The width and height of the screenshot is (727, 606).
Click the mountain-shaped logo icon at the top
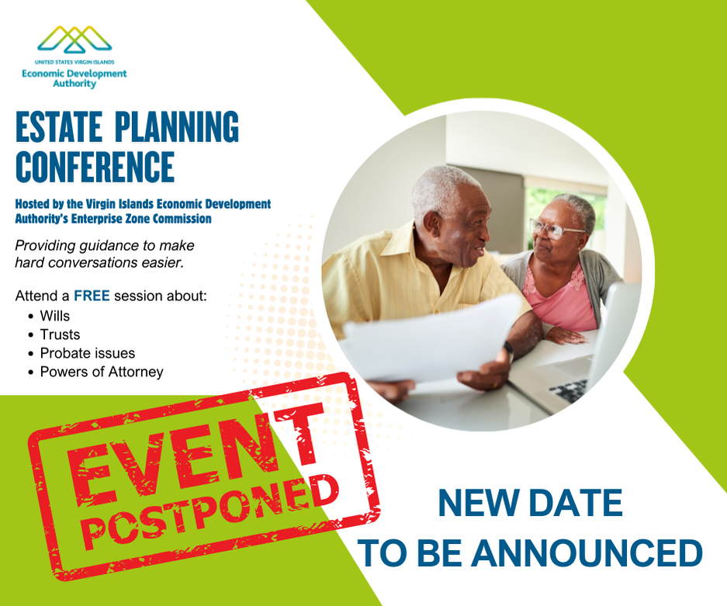pos(75,39)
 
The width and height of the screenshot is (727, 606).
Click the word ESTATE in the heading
pos(59,128)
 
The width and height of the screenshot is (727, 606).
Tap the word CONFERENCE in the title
pos(95,166)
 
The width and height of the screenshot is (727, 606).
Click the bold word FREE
pos(92,296)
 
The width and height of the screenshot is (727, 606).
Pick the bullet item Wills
pos(54,316)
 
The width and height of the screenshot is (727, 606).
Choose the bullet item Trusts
pos(60,334)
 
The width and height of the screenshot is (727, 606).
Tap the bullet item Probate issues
pos(87,353)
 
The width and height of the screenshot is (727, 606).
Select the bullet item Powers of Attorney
pos(102,372)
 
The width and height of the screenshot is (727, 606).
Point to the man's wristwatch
pos(508,349)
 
